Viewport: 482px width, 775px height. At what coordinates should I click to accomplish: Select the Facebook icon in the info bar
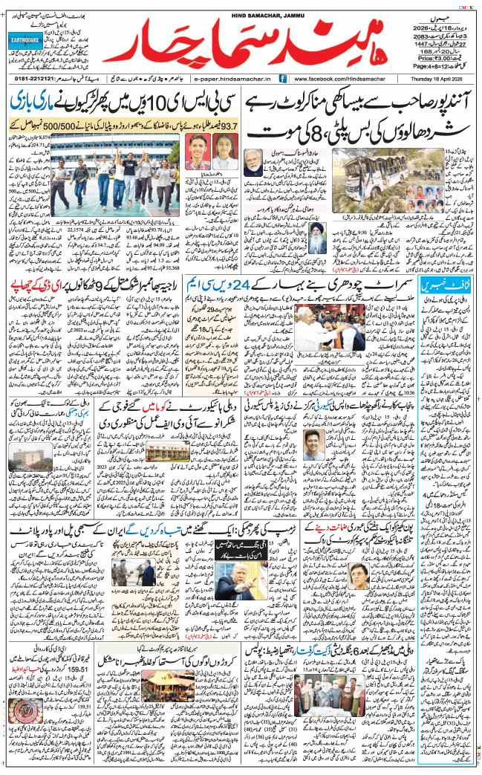tap(283, 78)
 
